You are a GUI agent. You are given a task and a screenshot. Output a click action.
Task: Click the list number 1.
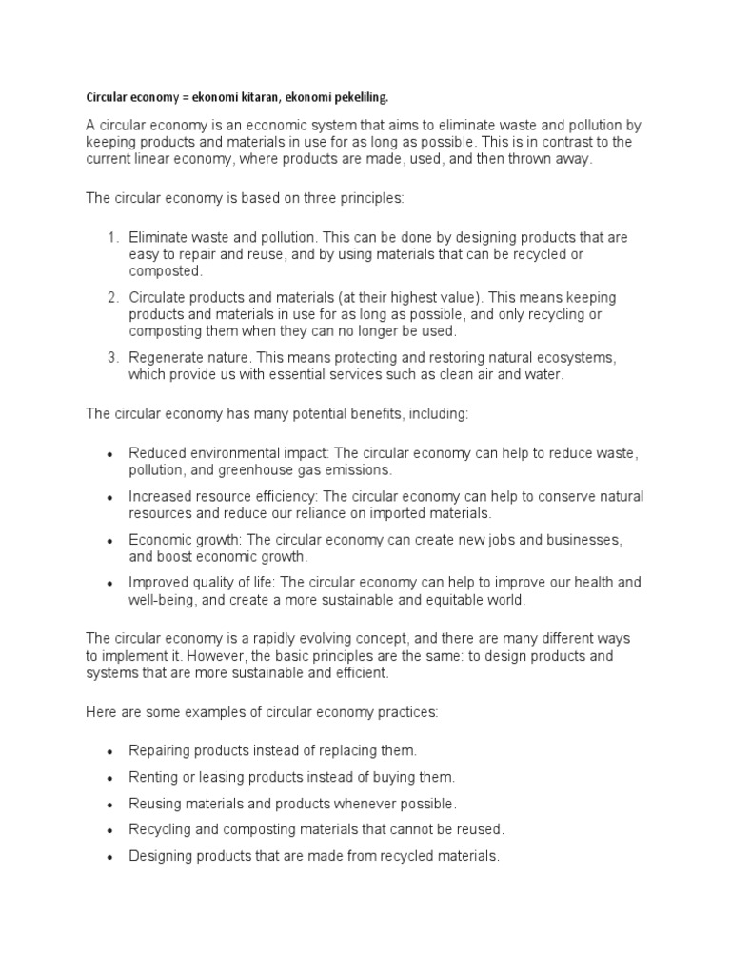[x=111, y=237]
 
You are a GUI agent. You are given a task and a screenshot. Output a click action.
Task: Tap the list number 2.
[x=111, y=297]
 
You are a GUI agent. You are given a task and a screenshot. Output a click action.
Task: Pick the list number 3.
[x=111, y=357]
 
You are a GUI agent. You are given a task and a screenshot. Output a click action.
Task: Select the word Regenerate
[x=168, y=357]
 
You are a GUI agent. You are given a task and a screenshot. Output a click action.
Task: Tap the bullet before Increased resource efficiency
[x=111, y=497]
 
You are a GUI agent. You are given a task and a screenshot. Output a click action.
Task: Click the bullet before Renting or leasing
[x=111, y=777]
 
